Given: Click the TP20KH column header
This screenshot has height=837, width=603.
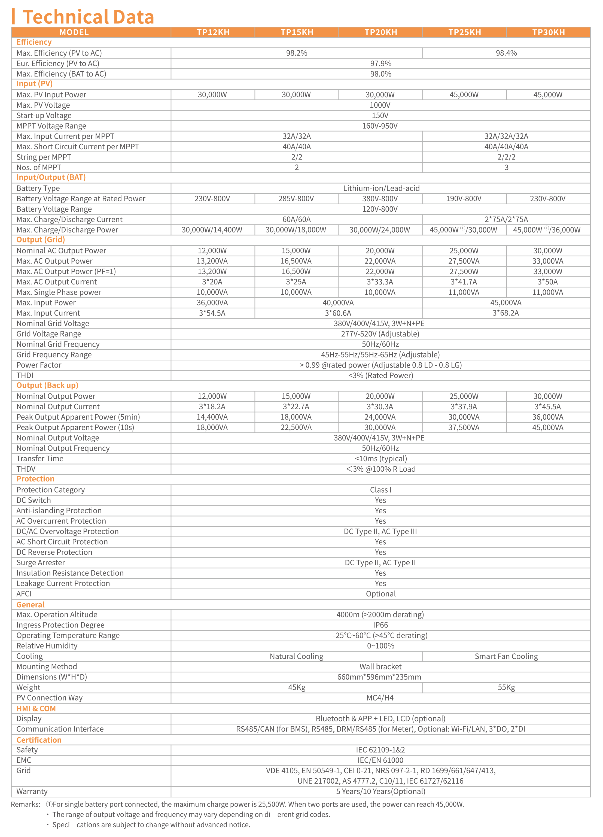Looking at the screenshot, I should pos(380,32).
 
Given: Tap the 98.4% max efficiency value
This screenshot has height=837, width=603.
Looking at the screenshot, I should pos(506,53).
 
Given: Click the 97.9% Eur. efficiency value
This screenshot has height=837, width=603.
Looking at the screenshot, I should pos(380,63).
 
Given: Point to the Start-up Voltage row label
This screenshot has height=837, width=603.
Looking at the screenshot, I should pos(44,116).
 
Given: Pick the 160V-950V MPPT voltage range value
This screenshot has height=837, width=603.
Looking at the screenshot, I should pos(380,126).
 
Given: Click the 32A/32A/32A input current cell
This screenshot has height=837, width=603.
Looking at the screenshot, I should pos(506,136).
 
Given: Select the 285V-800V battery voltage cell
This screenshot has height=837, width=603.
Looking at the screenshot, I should pos(296,199).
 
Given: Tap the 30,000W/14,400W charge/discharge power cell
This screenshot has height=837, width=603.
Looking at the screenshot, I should pos(212,230).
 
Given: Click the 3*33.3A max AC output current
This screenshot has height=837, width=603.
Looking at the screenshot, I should pos(380,282).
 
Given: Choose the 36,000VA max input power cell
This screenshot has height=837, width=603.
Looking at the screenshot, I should pos(212,303).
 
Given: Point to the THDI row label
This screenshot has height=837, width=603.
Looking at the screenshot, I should pos(25,375).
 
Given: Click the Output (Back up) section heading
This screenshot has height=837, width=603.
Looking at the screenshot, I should pos(47,385).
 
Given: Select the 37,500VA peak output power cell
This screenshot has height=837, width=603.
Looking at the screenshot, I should pos(464,427).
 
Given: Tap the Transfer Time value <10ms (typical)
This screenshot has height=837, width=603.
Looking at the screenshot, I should pos(380,459).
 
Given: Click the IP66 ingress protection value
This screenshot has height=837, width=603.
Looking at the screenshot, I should pos(380,625).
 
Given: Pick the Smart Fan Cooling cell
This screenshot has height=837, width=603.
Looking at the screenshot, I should pos(506,656).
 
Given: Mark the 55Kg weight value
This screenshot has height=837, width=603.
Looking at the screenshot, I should pos(506,687).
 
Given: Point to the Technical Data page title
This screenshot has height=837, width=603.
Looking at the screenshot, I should pos(88,17).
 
